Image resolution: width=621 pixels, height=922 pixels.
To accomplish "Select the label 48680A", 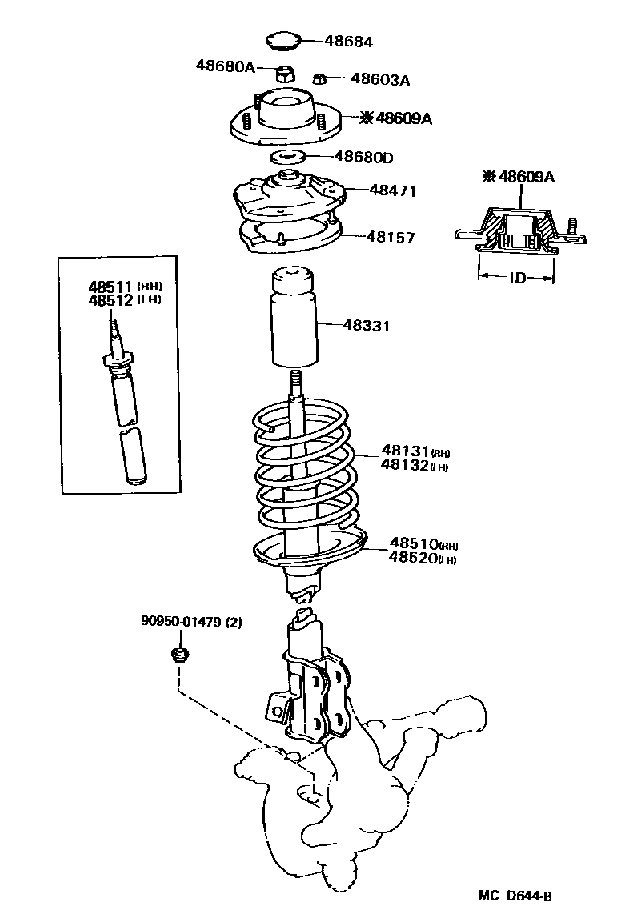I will click(x=225, y=66).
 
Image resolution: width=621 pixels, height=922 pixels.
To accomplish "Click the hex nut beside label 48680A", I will click(x=286, y=74).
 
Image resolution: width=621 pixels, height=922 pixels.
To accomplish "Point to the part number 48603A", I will click(x=380, y=79).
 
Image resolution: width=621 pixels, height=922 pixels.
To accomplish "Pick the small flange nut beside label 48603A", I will click(x=319, y=78).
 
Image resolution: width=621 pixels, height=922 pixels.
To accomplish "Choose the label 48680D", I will click(x=363, y=157).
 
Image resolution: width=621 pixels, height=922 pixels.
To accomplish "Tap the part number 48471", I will click(x=393, y=190).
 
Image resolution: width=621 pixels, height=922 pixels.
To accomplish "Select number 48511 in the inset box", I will click(x=111, y=287).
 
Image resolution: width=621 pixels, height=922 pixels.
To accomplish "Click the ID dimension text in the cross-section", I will click(x=517, y=279).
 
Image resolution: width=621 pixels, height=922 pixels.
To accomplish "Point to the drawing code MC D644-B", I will click(x=514, y=895).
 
